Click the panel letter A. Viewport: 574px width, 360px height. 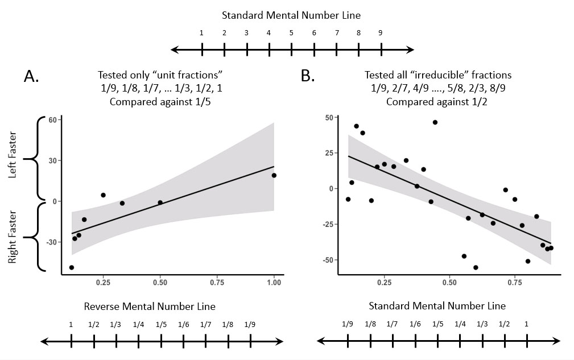[31, 76]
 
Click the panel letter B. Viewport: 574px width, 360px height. [308, 76]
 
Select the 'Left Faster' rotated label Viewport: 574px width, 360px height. [13, 155]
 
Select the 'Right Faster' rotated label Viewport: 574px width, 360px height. [13, 237]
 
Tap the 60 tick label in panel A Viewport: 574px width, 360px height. [53, 120]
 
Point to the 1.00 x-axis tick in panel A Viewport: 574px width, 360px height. [274, 283]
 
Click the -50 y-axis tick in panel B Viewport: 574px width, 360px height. [328, 260]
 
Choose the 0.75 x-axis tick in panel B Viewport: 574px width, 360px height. [515, 283]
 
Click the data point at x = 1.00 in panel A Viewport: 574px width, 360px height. [274, 175]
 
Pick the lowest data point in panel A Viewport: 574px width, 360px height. [71, 267]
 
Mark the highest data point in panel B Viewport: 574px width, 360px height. [435, 122]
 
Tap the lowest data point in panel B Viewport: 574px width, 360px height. [476, 267]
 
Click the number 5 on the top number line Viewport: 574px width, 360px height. [291, 33]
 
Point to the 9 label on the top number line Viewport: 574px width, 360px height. [381, 33]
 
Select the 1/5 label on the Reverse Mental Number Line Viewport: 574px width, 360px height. [161, 325]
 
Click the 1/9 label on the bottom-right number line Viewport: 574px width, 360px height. [348, 324]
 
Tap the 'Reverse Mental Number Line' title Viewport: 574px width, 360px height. [150, 306]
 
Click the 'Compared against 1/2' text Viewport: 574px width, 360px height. [437, 102]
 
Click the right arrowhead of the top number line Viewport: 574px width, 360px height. [410, 49]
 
